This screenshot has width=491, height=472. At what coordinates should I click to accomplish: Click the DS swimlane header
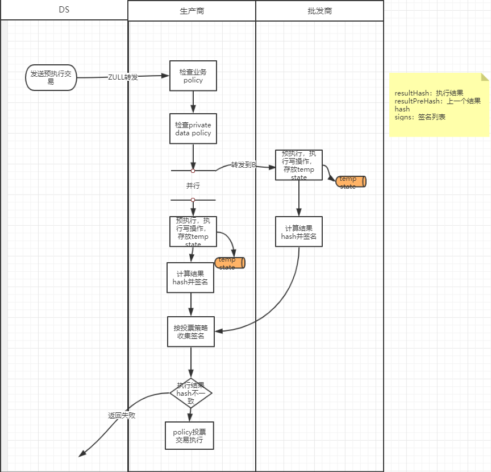click(x=64, y=10)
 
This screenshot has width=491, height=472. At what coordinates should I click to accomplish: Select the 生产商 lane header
click(x=192, y=11)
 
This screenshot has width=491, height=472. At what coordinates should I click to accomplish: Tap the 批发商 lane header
click(x=319, y=11)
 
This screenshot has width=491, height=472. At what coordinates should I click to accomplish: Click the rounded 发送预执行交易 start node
click(x=51, y=77)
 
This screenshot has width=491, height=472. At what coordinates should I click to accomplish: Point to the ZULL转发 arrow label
click(x=123, y=77)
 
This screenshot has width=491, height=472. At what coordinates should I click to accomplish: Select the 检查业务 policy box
click(x=193, y=76)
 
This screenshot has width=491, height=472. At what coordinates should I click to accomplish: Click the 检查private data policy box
click(x=193, y=129)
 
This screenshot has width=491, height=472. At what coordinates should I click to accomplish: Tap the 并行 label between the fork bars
click(x=193, y=186)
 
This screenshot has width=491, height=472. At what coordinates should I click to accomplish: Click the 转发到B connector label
click(x=243, y=165)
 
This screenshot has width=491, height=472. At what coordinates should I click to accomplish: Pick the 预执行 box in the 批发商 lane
click(x=299, y=165)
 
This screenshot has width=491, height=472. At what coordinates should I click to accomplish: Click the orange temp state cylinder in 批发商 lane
click(x=351, y=181)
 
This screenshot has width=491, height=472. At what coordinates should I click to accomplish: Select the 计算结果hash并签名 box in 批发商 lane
click(x=299, y=231)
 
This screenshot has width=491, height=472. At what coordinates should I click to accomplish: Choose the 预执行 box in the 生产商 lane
click(x=193, y=231)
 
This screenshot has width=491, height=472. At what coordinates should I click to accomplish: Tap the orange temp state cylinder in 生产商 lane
click(x=230, y=263)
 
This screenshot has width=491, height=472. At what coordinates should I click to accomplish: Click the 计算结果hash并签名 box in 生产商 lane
click(x=190, y=278)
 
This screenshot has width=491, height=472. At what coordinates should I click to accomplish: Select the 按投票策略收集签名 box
click(x=190, y=332)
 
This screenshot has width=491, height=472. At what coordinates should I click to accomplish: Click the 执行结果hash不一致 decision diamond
click(x=191, y=393)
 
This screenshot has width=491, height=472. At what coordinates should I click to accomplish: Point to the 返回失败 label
click(x=122, y=415)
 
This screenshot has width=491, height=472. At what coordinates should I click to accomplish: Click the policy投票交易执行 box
click(x=190, y=436)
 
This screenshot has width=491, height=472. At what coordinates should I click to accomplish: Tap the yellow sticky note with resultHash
click(x=439, y=105)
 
